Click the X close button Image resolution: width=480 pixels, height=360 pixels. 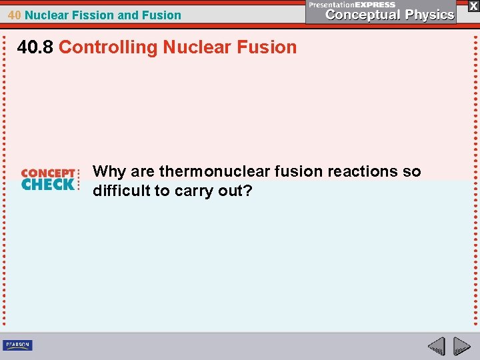point(473,6)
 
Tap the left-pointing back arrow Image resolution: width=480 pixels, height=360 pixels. point(436,346)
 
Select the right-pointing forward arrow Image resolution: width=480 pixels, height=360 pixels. point(461,346)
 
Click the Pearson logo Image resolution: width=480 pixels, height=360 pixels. point(17,345)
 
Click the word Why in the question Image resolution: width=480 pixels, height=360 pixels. point(109,172)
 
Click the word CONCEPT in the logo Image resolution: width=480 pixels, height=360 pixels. point(48,173)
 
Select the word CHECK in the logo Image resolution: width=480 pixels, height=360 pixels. point(48,185)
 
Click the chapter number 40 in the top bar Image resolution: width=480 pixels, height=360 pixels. point(14,15)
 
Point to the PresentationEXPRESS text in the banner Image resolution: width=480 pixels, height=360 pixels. point(352,5)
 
